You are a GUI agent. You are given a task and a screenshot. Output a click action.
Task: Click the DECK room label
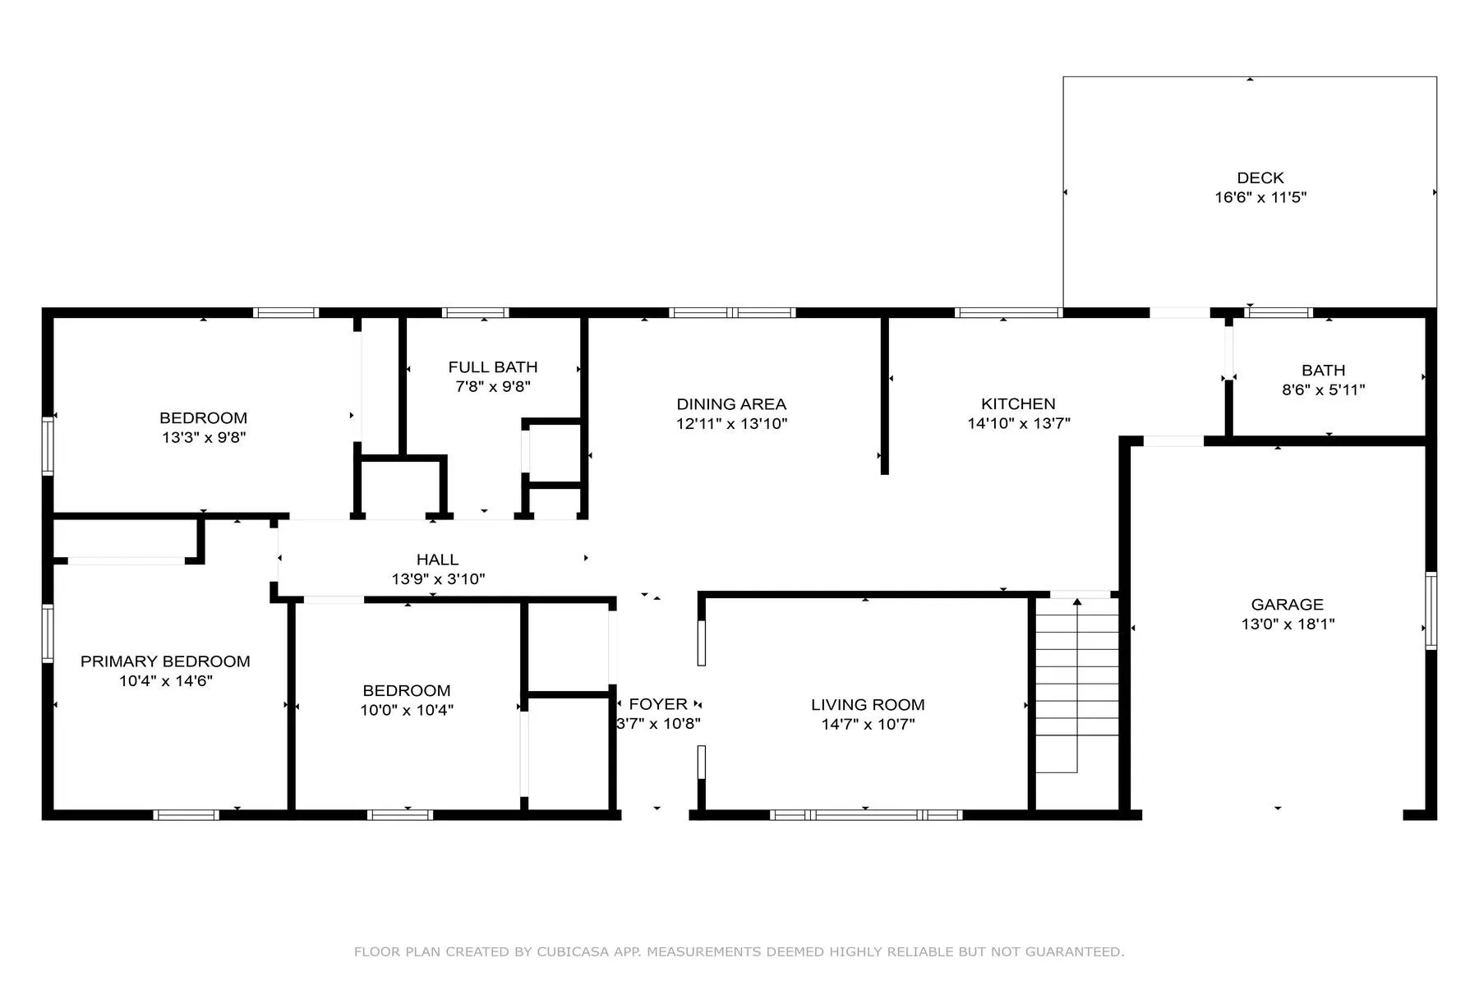(x=1260, y=177)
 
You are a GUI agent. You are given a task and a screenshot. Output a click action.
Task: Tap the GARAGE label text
(x=1288, y=604)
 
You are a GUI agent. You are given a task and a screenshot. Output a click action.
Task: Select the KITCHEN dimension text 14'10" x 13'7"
(x=1019, y=423)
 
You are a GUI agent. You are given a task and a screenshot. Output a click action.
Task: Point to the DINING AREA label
(x=731, y=403)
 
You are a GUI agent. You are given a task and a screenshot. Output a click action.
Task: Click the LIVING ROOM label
(x=868, y=704)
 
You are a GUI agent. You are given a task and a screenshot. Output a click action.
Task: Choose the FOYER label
(x=658, y=703)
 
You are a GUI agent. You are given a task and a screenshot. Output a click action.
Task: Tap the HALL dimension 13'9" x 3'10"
(x=438, y=578)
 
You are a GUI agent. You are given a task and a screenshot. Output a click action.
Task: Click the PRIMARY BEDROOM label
(x=165, y=661)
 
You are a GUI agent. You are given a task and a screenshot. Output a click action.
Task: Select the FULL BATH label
(x=493, y=366)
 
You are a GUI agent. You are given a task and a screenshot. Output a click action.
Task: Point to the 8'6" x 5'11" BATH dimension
(x=1324, y=389)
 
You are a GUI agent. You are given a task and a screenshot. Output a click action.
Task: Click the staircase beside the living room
(x=1076, y=685)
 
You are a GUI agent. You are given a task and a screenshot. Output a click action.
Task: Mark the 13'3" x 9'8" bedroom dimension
(x=204, y=437)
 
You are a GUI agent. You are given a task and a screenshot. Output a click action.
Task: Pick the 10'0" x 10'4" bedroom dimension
(x=407, y=710)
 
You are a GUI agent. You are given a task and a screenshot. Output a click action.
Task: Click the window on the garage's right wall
(x=1431, y=610)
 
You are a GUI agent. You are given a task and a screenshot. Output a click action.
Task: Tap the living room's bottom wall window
(x=866, y=815)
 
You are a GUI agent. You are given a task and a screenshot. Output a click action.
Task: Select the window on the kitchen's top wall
(x=1008, y=312)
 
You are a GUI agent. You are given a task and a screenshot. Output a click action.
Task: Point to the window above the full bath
(x=475, y=312)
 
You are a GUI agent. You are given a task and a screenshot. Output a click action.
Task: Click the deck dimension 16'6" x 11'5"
(x=1260, y=197)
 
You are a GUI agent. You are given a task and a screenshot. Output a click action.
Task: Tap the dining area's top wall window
(x=732, y=312)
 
